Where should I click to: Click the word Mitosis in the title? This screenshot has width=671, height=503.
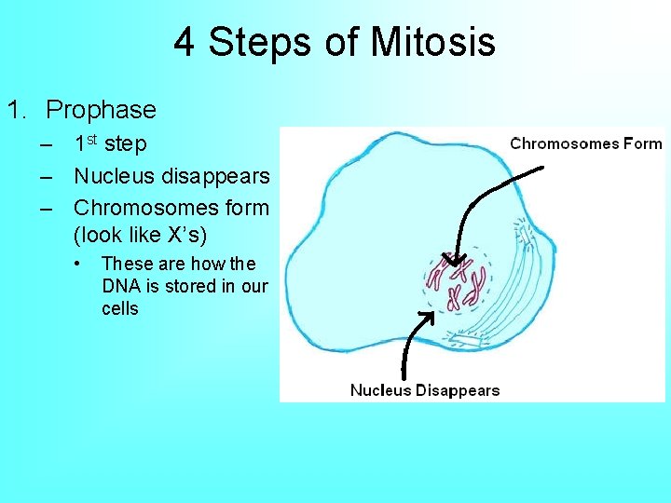click(x=432, y=43)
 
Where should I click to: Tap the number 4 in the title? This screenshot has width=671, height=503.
click(x=184, y=43)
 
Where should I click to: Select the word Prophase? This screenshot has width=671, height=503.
click(x=101, y=110)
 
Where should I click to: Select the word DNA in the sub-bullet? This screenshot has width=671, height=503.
click(x=119, y=286)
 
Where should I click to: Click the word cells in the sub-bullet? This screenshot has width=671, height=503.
click(x=119, y=308)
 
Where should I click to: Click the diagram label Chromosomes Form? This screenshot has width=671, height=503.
click(x=587, y=143)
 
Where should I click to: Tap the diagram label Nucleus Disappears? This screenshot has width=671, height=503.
click(x=425, y=390)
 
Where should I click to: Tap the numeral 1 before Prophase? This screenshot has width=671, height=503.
click(x=13, y=110)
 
